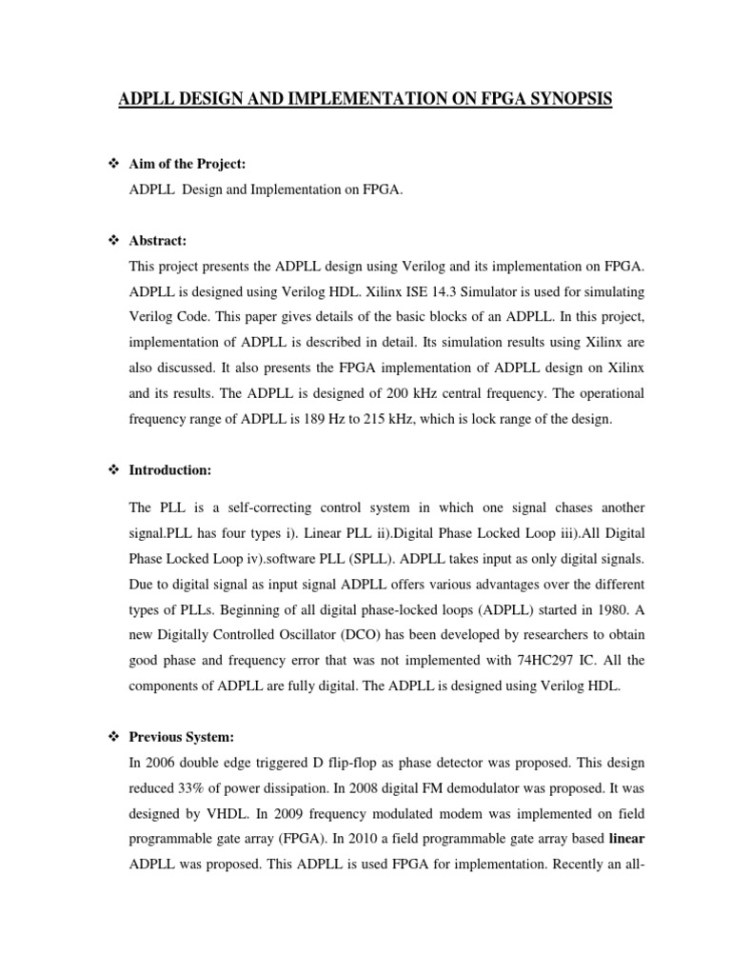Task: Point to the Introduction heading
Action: pos(170,470)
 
